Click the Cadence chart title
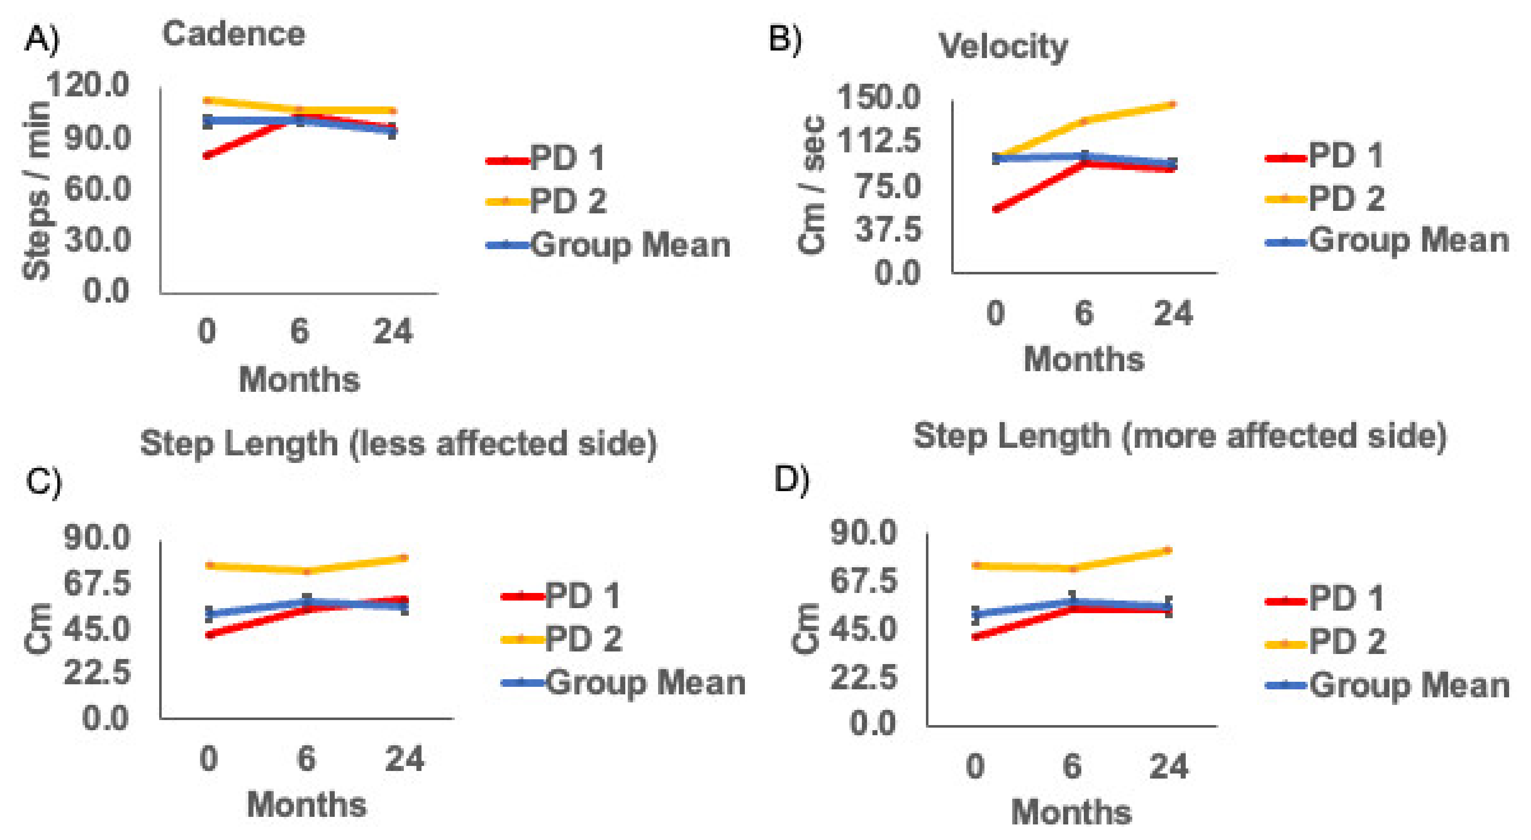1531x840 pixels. [234, 34]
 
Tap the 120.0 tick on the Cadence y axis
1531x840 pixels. [88, 84]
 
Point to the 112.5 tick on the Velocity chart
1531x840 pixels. [878, 141]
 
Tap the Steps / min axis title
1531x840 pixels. [37, 190]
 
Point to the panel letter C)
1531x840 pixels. [43, 482]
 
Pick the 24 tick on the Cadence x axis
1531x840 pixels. [393, 332]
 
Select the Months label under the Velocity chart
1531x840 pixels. [1083, 359]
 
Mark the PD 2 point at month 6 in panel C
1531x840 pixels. [307, 572]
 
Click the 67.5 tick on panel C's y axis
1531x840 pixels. [97, 583]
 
